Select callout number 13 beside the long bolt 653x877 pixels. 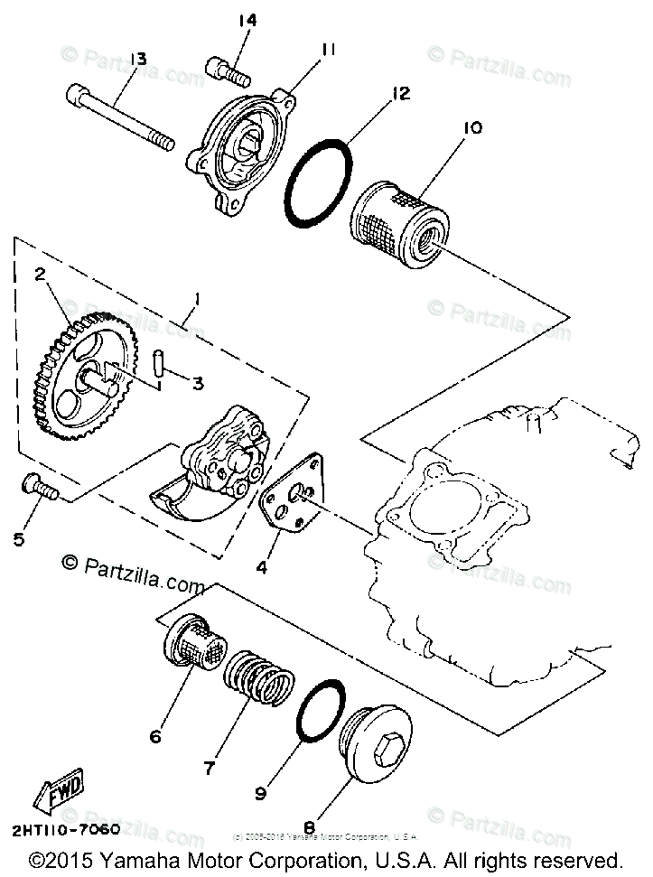(x=138, y=60)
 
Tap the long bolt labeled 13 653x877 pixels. (x=121, y=115)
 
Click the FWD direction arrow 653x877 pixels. (x=60, y=793)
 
